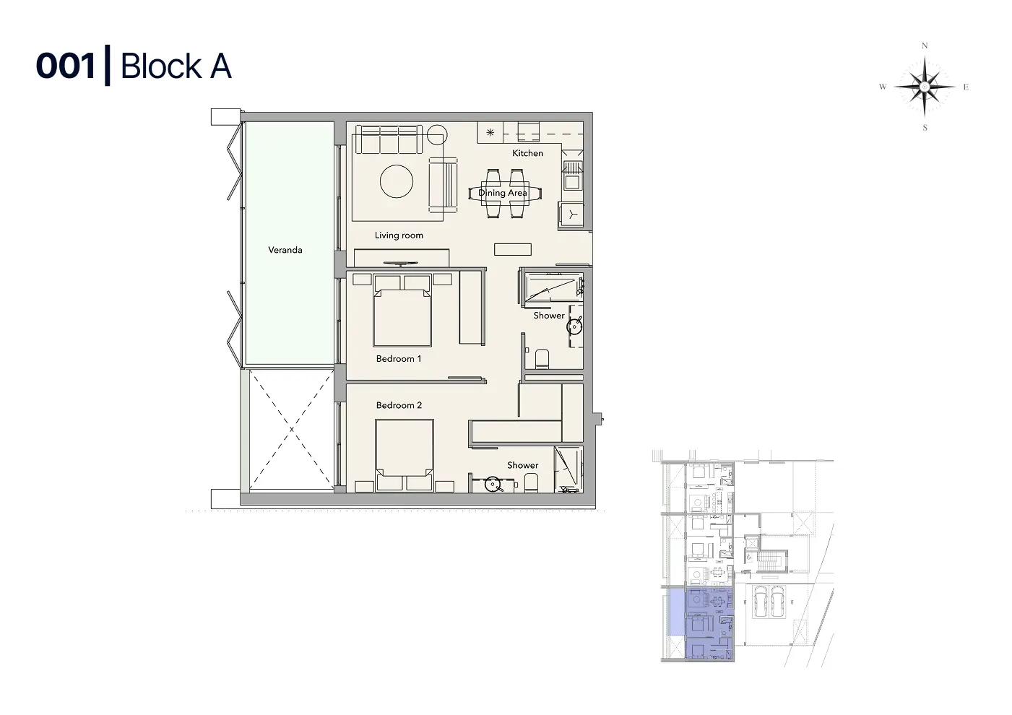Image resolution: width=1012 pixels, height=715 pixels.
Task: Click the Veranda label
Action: tap(285, 250)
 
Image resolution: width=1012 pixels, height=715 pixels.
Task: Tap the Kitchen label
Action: tap(528, 153)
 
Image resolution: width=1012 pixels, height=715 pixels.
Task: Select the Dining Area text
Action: tap(502, 193)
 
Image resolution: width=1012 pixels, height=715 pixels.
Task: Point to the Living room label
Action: tap(399, 235)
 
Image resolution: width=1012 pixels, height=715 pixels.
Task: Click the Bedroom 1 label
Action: tap(399, 359)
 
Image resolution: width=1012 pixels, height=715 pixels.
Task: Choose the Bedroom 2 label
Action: tap(399, 405)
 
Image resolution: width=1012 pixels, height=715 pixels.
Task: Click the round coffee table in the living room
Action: tap(397, 181)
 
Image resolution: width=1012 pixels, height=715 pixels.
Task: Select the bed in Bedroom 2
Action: tap(405, 455)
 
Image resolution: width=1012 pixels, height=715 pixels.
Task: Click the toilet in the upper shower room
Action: tap(542, 359)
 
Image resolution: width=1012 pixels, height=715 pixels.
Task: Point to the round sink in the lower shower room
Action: tap(492, 485)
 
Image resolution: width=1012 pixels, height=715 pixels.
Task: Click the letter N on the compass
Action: tap(925, 45)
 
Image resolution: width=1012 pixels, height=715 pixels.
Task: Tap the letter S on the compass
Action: tap(925, 128)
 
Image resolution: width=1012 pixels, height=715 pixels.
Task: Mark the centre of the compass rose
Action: tap(925, 87)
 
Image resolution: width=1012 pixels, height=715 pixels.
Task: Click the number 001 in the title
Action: tap(66, 66)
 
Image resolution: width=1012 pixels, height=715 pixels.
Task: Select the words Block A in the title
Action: tap(176, 66)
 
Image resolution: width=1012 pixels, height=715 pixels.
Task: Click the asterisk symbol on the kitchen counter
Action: tap(490, 132)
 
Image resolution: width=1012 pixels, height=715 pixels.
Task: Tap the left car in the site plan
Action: tap(760, 602)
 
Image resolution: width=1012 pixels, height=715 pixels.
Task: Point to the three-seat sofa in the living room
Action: tap(389, 140)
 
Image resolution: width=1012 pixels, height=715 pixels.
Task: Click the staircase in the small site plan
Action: tap(773, 561)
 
